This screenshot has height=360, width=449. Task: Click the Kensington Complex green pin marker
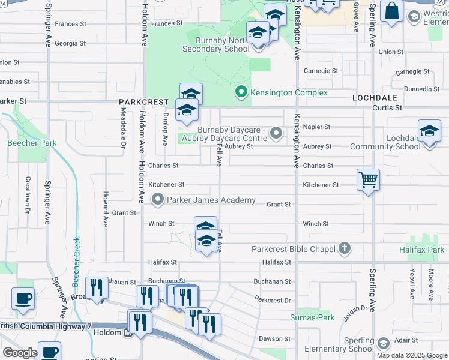tap(241, 92)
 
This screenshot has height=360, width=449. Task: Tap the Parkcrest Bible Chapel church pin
tap(345, 247)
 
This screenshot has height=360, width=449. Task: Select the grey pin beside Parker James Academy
tap(158, 199)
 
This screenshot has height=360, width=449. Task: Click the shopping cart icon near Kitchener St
tap(368, 179)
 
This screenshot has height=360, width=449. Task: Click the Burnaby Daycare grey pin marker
tap(276, 133)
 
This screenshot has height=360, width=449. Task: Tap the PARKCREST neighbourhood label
tap(141, 102)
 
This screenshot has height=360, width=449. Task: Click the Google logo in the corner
tap(20, 353)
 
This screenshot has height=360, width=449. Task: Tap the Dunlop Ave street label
tap(165, 129)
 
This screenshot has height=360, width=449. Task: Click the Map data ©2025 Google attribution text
tap(412, 355)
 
